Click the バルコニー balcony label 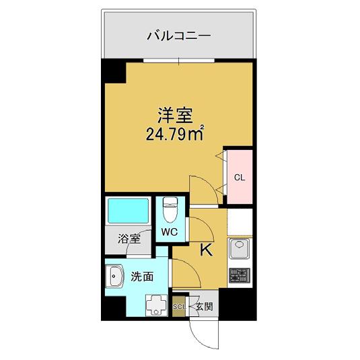[180, 36]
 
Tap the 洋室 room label [172, 114]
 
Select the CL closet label [238, 178]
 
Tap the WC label [170, 231]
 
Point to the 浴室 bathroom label [129, 239]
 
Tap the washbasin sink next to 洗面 [114, 276]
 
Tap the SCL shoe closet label [180, 307]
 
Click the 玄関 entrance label [203, 307]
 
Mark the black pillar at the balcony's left [112, 70]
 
